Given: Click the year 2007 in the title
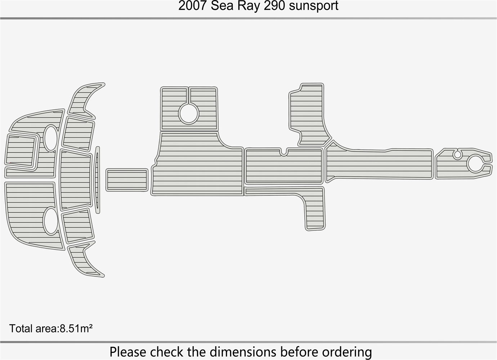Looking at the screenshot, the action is click(x=192, y=6).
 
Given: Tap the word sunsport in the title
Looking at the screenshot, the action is click(x=314, y=6).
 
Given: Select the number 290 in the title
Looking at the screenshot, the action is click(x=274, y=6).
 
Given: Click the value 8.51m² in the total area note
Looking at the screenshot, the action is click(x=76, y=329).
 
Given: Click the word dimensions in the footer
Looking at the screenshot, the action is click(x=243, y=352).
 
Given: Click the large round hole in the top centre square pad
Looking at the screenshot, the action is click(x=189, y=113).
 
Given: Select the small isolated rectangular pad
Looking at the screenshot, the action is click(x=127, y=180).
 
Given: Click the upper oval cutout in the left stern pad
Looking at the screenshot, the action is click(x=51, y=138).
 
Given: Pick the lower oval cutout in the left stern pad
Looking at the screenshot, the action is click(x=51, y=221).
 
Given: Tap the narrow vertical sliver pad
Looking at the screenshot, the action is click(x=97, y=180).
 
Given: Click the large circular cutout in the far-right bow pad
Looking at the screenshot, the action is click(x=475, y=163).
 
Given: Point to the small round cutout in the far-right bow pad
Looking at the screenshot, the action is click(x=457, y=154).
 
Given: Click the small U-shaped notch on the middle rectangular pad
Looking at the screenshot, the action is click(x=283, y=152).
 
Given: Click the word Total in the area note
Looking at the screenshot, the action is click(x=21, y=329).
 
